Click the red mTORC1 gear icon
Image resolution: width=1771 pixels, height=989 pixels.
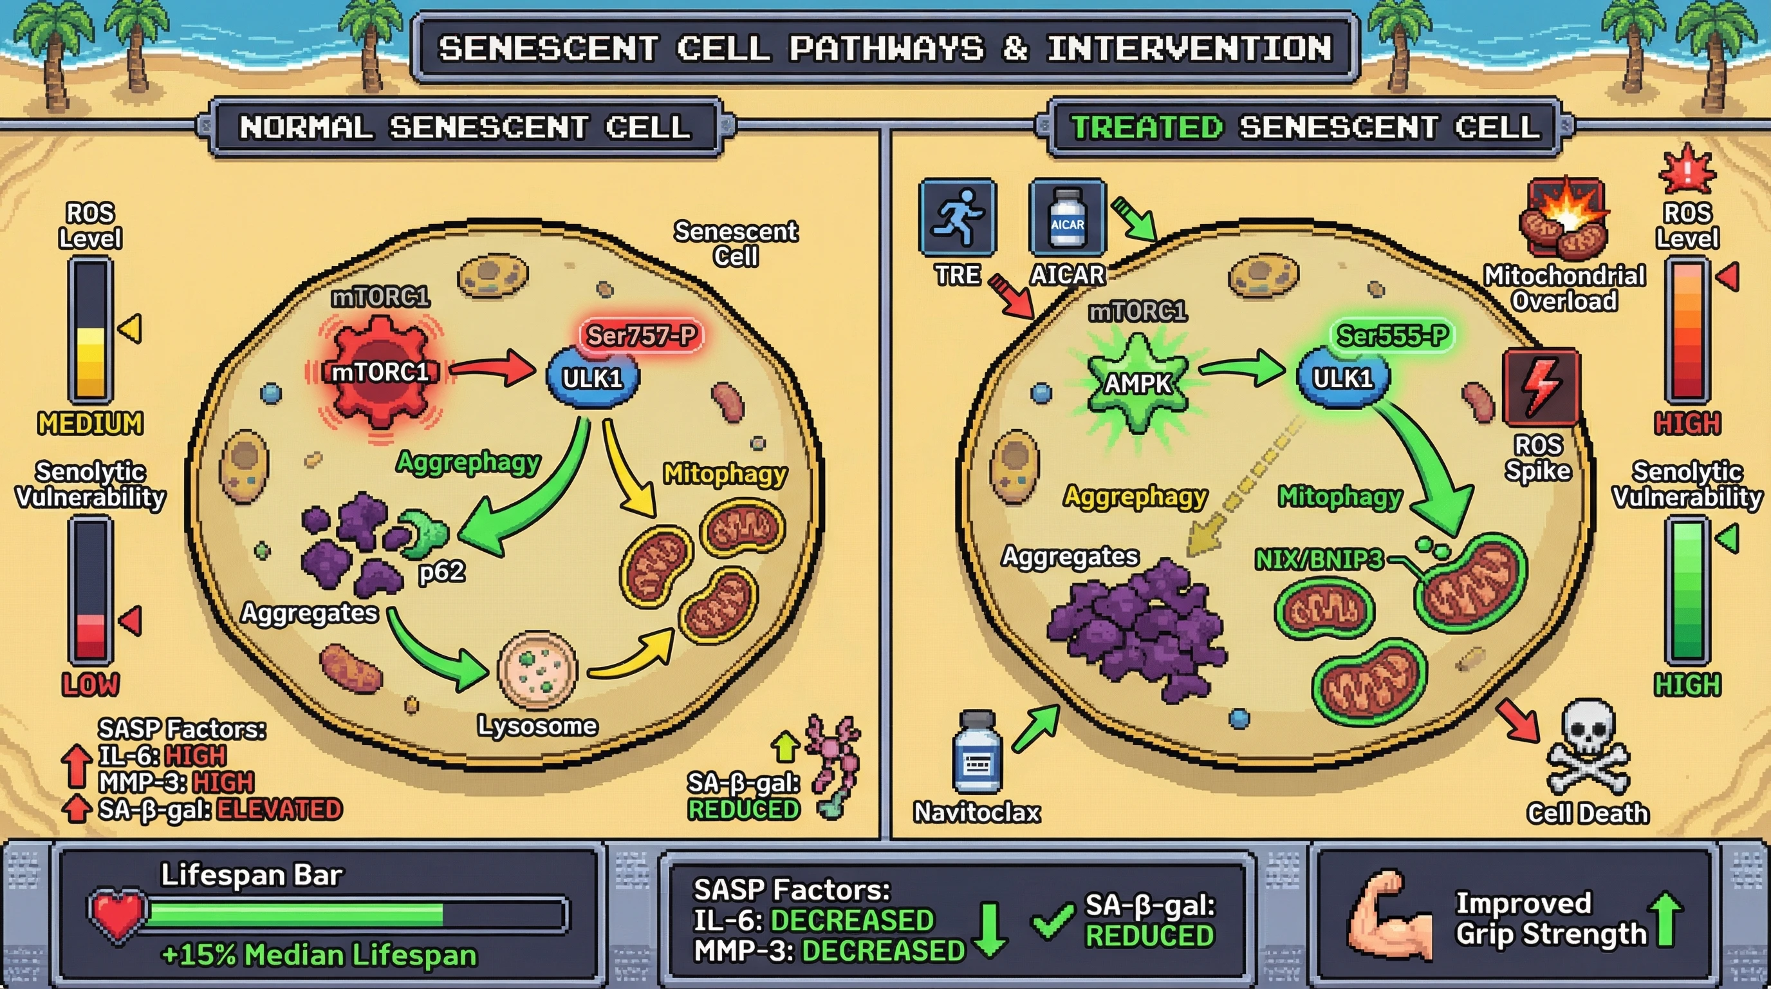380,372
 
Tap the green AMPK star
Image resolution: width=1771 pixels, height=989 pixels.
1138,383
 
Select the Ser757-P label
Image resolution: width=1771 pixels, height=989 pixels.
641,335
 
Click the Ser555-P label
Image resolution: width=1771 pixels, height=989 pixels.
1392,335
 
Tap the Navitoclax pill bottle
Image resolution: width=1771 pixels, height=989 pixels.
976,753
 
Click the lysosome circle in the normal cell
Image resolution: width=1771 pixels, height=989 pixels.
537,669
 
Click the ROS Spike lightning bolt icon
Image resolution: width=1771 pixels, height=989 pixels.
1541,387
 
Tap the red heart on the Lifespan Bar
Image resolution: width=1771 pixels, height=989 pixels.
118,915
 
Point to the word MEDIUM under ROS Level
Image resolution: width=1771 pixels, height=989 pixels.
90,424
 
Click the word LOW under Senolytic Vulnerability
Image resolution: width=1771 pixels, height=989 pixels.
90,685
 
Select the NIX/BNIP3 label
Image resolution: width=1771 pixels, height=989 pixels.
1319,560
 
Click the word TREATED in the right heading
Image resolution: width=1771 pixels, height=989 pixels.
1147,127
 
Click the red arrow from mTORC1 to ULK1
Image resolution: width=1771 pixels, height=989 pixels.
492,370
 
